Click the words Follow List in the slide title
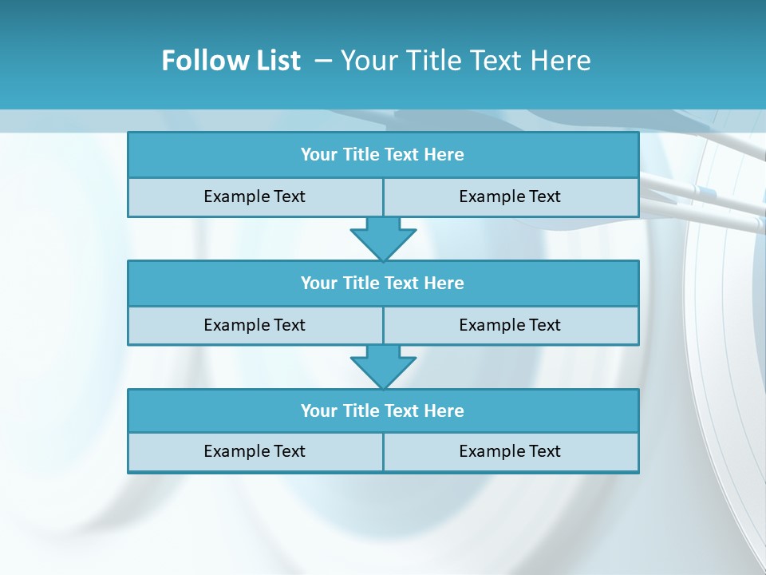click(x=231, y=61)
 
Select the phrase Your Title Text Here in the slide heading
click(x=465, y=61)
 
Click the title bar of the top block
click(x=383, y=155)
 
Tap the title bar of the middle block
click(x=383, y=284)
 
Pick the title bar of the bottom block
click(x=383, y=411)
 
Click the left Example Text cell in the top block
click(x=255, y=197)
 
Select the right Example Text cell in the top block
click(x=511, y=197)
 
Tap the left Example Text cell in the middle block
click(x=255, y=326)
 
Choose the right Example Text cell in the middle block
click(x=511, y=326)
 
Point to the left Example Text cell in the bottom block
click(x=255, y=452)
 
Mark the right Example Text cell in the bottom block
click(x=511, y=452)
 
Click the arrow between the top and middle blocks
click(x=383, y=238)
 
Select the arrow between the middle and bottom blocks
click(x=383, y=367)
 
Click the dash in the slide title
click(x=323, y=61)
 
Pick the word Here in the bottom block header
click(x=444, y=411)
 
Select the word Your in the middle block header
click(x=319, y=284)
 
